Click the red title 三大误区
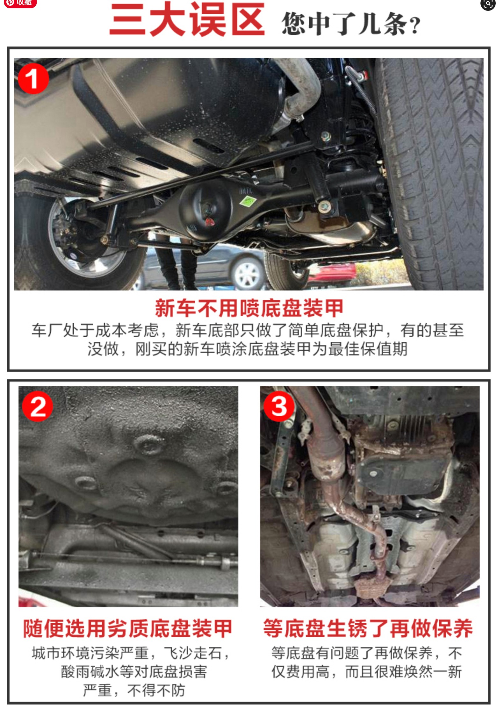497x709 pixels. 187,20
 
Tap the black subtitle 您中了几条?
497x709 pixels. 351,23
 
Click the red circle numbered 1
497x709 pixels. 33,79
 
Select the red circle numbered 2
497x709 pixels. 37,407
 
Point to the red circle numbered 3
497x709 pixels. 278,406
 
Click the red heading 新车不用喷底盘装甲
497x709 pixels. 249,308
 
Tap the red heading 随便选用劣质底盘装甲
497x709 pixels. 127,628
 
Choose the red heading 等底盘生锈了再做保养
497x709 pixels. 368,628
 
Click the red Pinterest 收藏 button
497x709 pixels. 20,3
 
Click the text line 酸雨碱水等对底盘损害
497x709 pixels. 134,671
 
